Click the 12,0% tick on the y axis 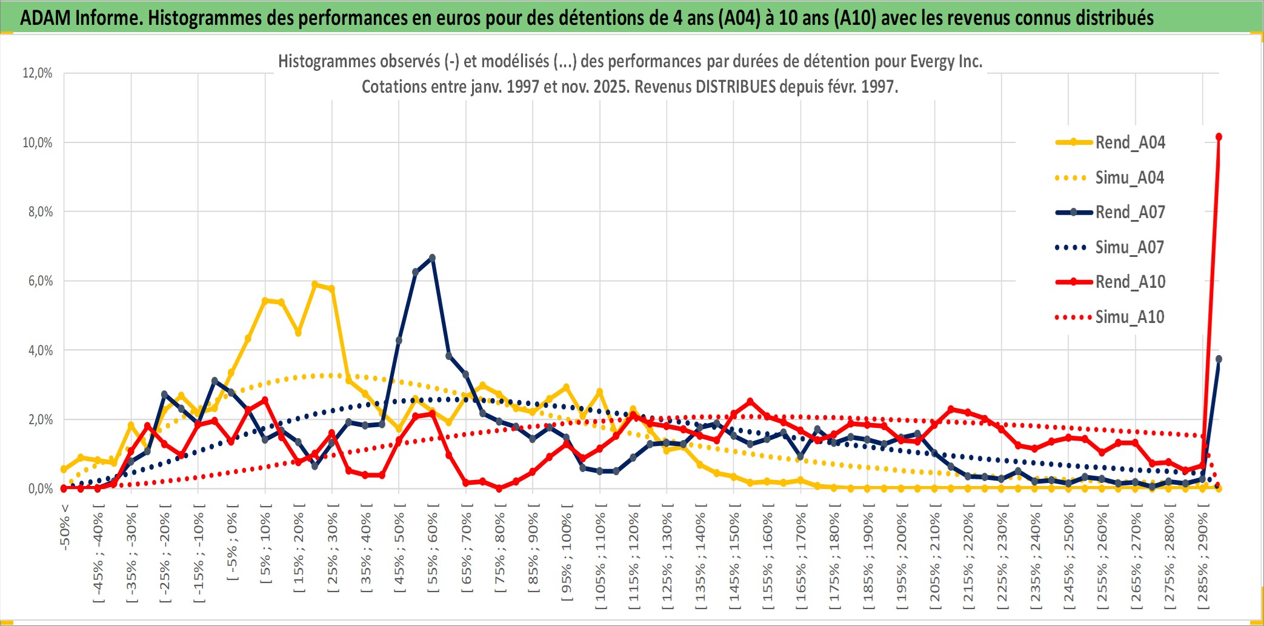38,73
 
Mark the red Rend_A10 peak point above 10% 1219,137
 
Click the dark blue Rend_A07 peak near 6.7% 432,258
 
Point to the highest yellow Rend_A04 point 314,284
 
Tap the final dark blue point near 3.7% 1219,359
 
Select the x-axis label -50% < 65,527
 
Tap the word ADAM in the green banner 45,18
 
